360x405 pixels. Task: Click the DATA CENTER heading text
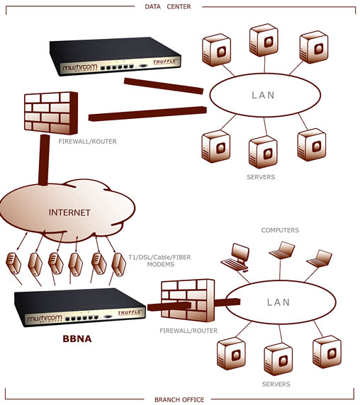coord(168,6)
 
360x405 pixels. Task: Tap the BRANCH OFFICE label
coord(179,399)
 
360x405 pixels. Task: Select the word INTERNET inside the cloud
coord(69,212)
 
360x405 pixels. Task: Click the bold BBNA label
coord(77,338)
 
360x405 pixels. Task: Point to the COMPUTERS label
coord(280,230)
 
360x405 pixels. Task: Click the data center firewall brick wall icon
coord(51,113)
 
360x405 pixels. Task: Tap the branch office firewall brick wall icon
coord(188,301)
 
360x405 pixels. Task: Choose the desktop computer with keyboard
coord(235,258)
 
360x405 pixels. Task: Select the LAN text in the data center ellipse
coord(263,96)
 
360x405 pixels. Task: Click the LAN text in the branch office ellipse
coord(279,302)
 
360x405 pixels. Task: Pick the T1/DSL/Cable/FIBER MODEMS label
coord(159,261)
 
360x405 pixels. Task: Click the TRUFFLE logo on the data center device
coord(164,62)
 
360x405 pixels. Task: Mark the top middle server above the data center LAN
coord(264,40)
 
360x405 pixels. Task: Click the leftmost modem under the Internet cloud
coord(13,263)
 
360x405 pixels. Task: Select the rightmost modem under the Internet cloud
coord(118,265)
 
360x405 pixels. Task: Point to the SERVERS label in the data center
coord(261,177)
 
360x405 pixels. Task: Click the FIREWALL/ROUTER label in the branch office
coord(189,331)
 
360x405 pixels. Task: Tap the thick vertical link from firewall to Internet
coord(43,160)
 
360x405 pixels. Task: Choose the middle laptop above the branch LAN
coord(282,251)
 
